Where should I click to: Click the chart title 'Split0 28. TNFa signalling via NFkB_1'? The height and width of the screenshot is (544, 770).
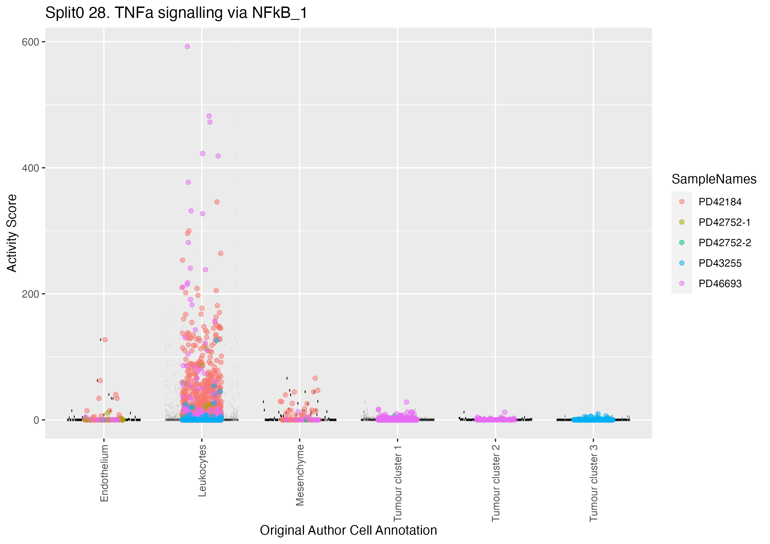tap(176, 13)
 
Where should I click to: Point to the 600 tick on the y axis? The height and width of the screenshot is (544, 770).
tap(30, 42)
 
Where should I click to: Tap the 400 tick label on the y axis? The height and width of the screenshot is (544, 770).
tap(30, 168)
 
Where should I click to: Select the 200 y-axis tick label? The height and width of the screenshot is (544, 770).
tap(30, 294)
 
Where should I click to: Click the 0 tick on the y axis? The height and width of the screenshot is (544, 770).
tap(36, 420)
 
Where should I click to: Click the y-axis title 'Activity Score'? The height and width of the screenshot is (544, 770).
tap(12, 233)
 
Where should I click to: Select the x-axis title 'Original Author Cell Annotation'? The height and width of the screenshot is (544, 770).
tap(348, 531)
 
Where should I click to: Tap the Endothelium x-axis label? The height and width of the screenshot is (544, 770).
tap(104, 473)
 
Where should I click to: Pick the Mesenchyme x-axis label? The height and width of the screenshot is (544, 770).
tap(300, 475)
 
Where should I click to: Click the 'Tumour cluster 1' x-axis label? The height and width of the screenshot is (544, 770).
tap(398, 483)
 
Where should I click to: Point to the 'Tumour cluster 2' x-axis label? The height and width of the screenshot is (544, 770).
tap(496, 483)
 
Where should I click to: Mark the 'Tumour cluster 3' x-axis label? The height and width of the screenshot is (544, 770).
tap(594, 483)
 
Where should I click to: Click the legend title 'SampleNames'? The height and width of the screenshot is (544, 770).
tap(714, 179)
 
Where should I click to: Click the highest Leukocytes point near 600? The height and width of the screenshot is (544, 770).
tap(187, 47)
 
